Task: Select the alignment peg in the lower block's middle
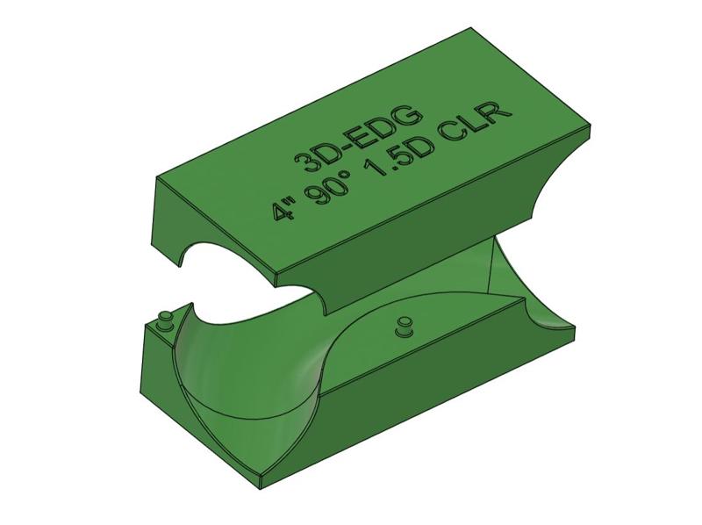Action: click(403, 327)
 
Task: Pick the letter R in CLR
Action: click(503, 111)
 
